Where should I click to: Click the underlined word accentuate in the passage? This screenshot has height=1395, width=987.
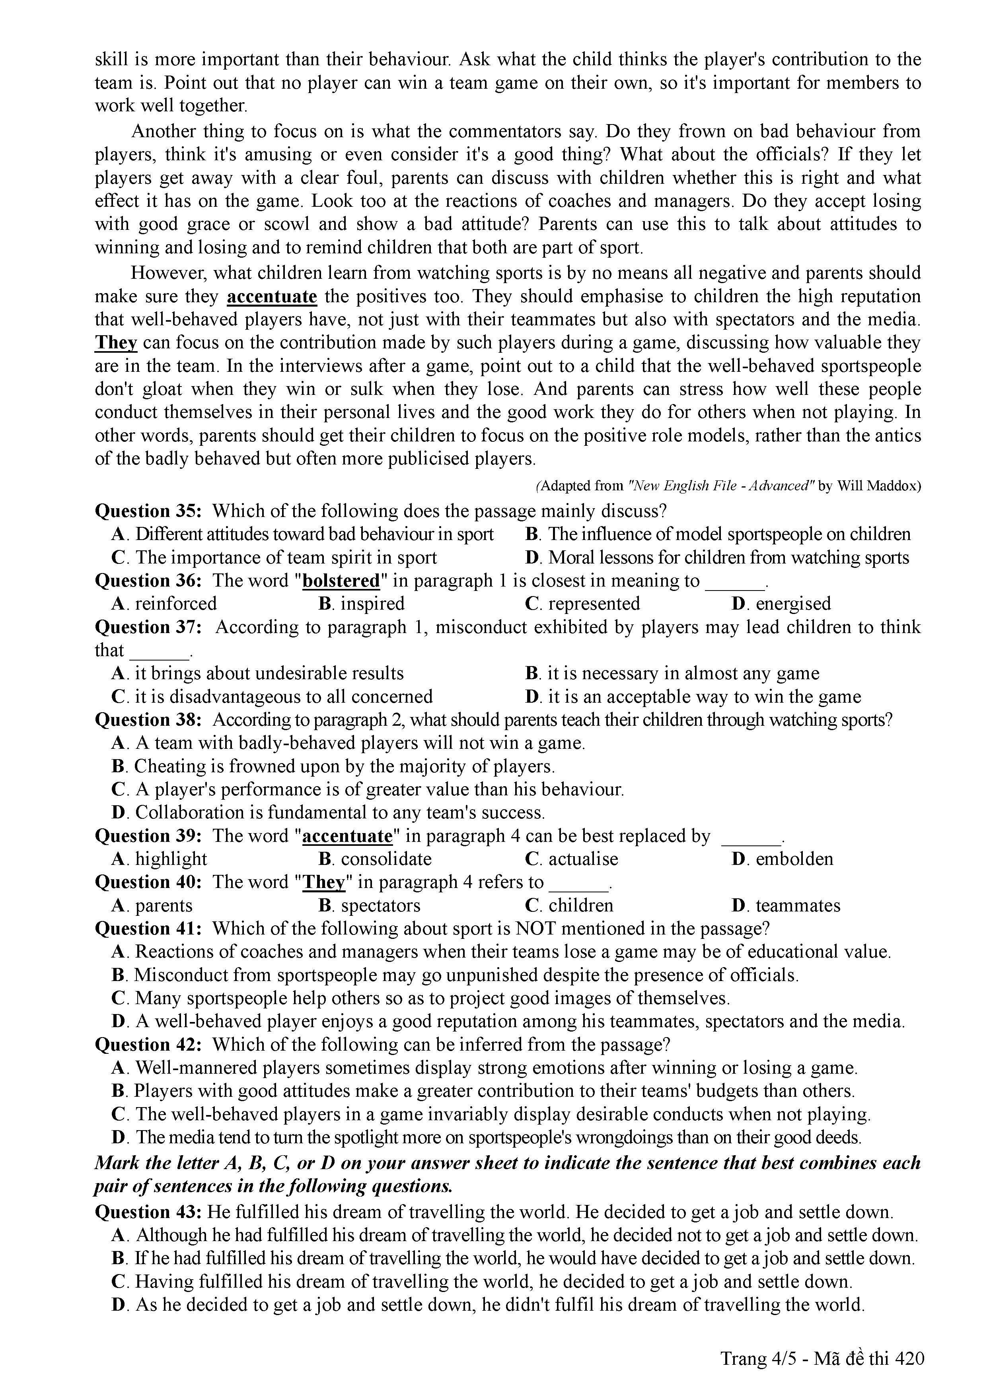272,297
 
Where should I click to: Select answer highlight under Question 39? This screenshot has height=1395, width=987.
171,859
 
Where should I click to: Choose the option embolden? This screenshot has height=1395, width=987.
794,859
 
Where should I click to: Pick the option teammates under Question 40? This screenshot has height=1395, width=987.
797,905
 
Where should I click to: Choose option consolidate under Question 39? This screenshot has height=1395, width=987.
386,859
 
